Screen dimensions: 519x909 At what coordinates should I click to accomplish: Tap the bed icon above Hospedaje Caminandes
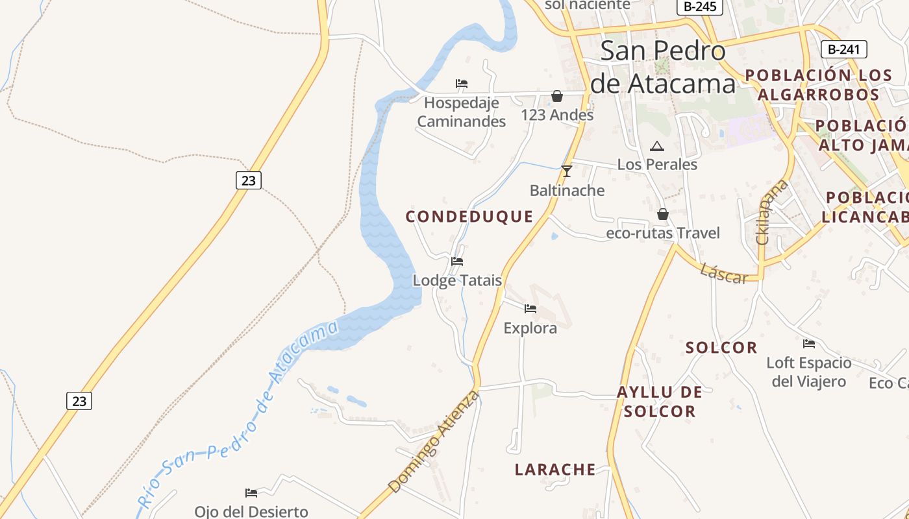tap(462, 84)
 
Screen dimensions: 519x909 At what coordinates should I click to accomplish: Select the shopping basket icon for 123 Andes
tap(557, 96)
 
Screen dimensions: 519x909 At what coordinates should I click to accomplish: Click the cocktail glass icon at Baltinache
tap(567, 171)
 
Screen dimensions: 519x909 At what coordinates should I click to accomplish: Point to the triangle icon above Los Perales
tap(657, 146)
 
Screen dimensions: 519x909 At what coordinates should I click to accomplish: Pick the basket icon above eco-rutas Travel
tap(663, 213)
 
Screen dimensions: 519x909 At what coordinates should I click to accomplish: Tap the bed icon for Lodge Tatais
tap(457, 261)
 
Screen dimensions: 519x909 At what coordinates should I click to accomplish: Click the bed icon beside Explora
tap(530, 309)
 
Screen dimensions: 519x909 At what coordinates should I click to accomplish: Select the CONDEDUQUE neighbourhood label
tap(469, 217)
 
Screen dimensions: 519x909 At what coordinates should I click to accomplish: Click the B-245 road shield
tap(699, 6)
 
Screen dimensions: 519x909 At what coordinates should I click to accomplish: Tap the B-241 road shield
tap(844, 49)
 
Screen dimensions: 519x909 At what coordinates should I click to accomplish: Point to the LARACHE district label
tap(555, 469)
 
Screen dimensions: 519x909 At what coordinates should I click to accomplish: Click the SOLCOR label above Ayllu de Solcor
tap(721, 348)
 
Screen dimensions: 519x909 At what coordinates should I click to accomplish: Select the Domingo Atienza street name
tap(434, 441)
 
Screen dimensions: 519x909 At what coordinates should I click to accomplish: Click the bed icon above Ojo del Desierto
tap(251, 493)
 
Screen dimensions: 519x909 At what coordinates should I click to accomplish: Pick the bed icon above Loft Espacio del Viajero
tap(808, 344)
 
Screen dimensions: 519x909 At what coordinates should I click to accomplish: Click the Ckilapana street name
tap(772, 212)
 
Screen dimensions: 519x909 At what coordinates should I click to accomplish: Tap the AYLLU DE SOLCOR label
tap(660, 402)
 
